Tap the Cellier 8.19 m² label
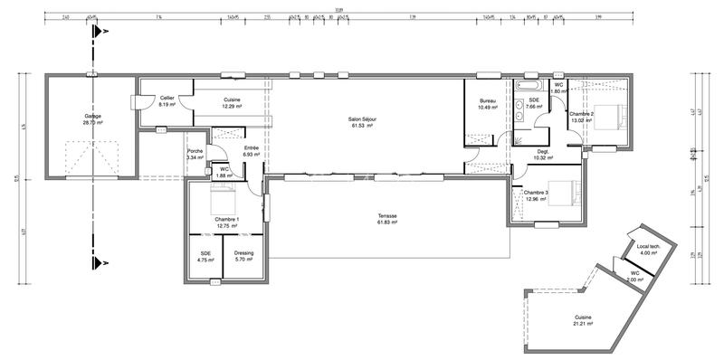(x=167, y=101)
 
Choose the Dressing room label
(x=243, y=256)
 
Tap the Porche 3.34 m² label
(x=195, y=155)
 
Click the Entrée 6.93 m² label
(x=252, y=152)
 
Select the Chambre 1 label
(x=226, y=223)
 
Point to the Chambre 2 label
(x=581, y=117)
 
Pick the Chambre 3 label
(x=535, y=195)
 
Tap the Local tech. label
(x=649, y=249)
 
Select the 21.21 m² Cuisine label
(x=583, y=319)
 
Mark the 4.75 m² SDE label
(x=204, y=256)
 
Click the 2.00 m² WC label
(x=634, y=276)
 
